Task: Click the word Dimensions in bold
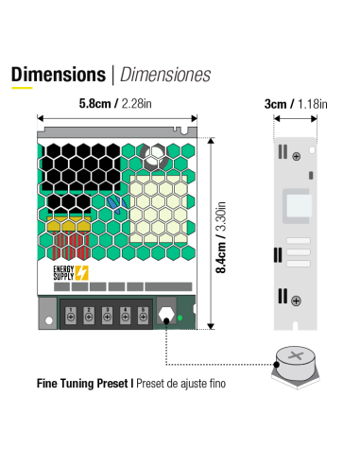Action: point(58,74)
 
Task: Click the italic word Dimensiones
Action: point(166,74)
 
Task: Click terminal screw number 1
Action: point(73,316)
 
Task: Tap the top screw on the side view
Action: point(297,155)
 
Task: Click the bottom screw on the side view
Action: point(297,300)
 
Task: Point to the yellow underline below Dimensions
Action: point(22,89)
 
